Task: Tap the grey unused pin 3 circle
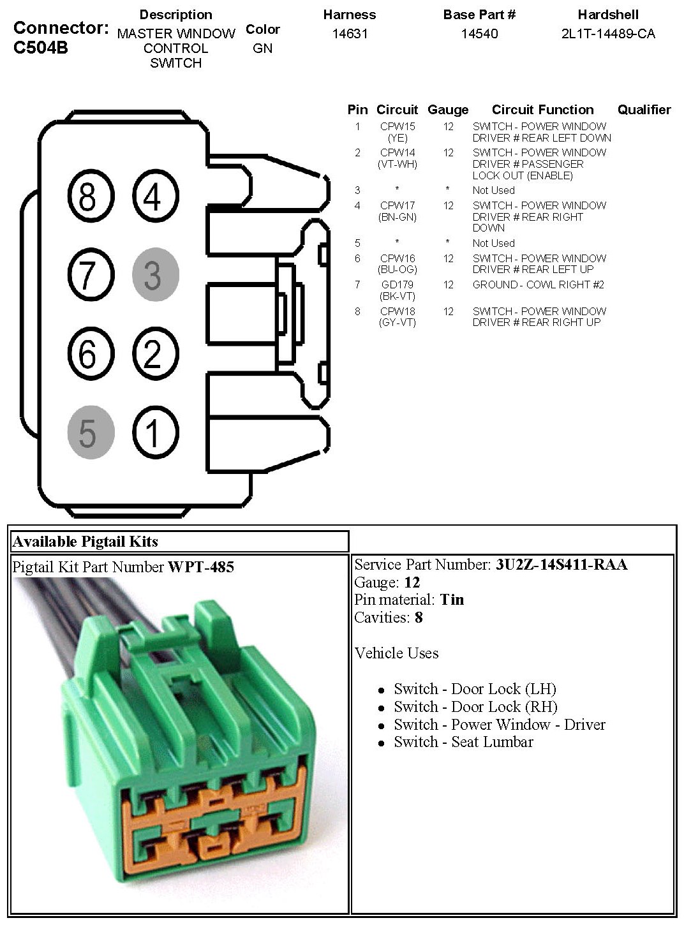pyautogui.click(x=155, y=275)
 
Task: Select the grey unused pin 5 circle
pyautogui.click(x=91, y=433)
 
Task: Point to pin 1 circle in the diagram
pyautogui.click(x=155, y=433)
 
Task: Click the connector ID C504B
pyautogui.click(x=40, y=48)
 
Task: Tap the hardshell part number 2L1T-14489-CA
pyautogui.click(x=607, y=34)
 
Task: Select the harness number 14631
pyautogui.click(x=350, y=34)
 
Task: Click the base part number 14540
pyautogui.click(x=479, y=34)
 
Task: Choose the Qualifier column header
pyautogui.click(x=644, y=110)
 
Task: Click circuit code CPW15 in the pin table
pyautogui.click(x=397, y=127)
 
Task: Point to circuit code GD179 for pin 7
pyautogui.click(x=397, y=285)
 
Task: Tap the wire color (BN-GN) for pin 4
pyautogui.click(x=397, y=217)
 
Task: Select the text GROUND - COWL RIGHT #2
pyautogui.click(x=538, y=285)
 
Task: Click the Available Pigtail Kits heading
pyautogui.click(x=85, y=542)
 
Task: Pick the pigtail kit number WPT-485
pyautogui.click(x=200, y=566)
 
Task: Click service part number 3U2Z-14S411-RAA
pyautogui.click(x=561, y=565)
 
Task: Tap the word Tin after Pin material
pyautogui.click(x=452, y=600)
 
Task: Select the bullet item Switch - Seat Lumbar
pyautogui.click(x=463, y=742)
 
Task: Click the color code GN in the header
pyautogui.click(x=262, y=48)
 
